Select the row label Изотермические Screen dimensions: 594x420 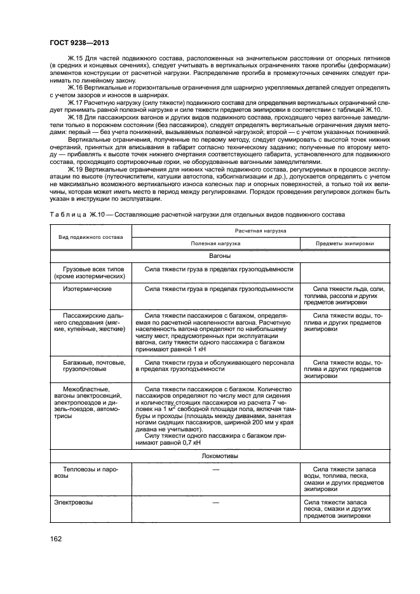87,288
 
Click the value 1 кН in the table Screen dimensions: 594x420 199,349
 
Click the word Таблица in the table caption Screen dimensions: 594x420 60,215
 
